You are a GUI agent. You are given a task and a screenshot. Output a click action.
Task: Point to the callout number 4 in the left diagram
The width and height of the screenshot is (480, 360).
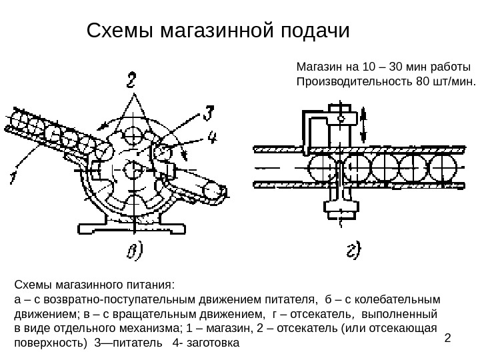tap(213, 138)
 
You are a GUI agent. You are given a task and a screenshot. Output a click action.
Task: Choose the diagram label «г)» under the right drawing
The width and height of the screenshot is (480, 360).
tap(353, 249)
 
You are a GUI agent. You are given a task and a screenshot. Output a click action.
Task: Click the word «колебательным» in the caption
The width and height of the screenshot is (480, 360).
tap(401, 299)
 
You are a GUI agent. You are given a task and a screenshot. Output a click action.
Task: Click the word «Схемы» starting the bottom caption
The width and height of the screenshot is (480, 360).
tap(32, 284)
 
